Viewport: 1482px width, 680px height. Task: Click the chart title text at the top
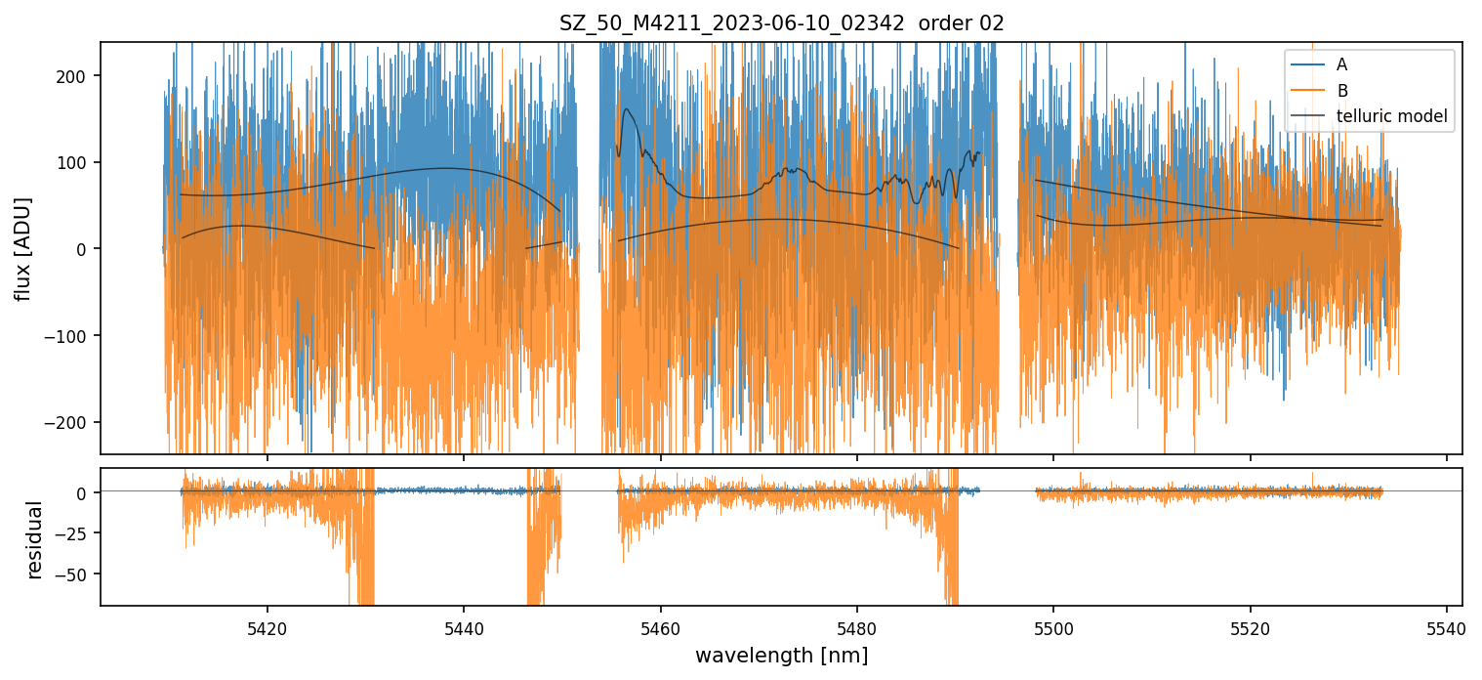(781, 23)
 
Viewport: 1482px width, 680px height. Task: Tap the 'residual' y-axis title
(35, 540)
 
